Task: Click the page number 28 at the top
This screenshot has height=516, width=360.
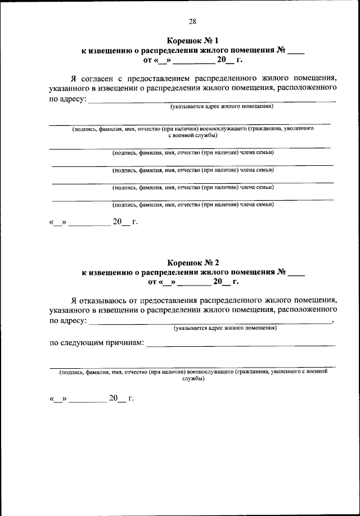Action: pos(192,21)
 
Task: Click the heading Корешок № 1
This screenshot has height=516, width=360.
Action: pos(192,40)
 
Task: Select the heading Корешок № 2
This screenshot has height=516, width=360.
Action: pos(192,262)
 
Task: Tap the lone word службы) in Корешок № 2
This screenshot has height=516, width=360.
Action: pos(193,379)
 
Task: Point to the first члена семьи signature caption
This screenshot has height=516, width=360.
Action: pos(193,152)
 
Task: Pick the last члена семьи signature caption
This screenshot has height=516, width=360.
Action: pos(193,205)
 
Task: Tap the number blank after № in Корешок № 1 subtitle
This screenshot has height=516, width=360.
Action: pos(296,52)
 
